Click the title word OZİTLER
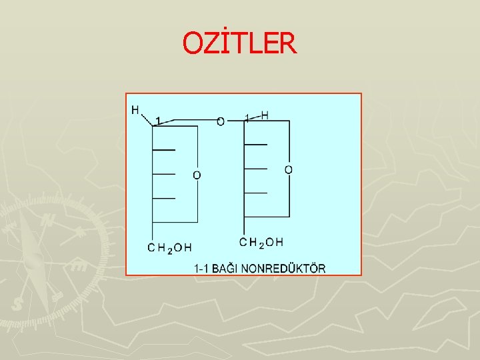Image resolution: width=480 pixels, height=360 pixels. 239,44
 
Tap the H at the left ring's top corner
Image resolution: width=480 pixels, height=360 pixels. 136,110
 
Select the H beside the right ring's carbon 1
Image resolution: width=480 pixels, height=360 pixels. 265,115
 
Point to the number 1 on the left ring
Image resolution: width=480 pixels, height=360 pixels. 157,121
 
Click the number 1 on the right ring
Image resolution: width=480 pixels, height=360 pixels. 247,118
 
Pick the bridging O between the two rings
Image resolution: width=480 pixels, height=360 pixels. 221,121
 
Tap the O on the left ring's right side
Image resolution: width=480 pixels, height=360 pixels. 197,175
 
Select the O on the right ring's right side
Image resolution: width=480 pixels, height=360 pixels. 288,170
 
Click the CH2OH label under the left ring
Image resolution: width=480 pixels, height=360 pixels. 169,248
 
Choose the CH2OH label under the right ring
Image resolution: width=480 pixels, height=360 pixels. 261,242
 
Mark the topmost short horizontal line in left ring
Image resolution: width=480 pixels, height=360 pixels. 164,150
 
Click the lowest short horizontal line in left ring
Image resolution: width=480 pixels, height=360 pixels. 164,198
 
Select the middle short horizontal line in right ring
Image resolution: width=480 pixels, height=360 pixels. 255,168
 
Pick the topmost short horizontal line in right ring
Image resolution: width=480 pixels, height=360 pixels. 255,144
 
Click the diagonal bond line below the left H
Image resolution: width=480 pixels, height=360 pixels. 147,120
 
